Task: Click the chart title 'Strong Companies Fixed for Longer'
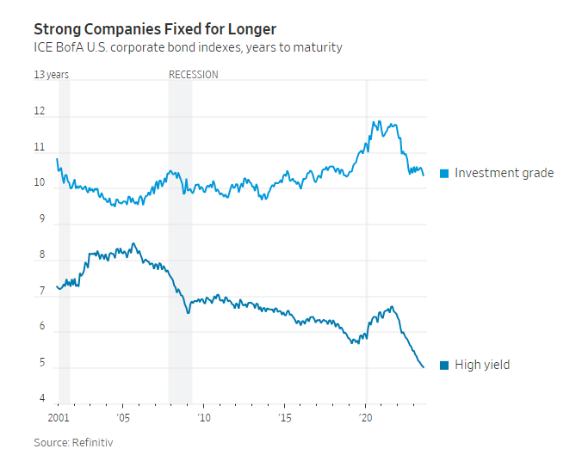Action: click(155, 29)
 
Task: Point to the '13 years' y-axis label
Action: click(51, 75)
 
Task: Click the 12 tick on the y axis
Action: click(39, 112)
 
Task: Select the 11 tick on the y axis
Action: click(39, 148)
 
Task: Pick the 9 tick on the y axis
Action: click(39, 219)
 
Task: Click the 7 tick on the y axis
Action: click(39, 292)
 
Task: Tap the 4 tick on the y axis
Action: click(39, 398)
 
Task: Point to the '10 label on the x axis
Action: click(204, 418)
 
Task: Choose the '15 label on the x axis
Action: click(285, 418)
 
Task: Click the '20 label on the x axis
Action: click(366, 418)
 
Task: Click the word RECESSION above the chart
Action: click(193, 75)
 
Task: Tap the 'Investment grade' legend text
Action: click(504, 173)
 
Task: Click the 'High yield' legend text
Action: click(482, 365)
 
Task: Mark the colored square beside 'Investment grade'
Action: click(444, 174)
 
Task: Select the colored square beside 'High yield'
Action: click(444, 366)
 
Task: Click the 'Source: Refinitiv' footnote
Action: click(73, 442)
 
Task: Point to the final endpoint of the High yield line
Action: click(424, 367)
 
